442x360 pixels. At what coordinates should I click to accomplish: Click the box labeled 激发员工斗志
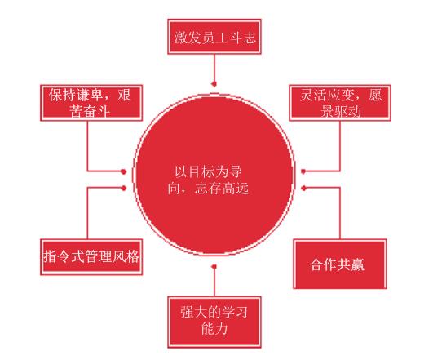[x=214, y=37]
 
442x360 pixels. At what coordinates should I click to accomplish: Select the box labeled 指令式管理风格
[x=91, y=257]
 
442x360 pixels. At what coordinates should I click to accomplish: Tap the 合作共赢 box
[x=340, y=264]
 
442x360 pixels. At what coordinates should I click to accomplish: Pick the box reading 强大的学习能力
[x=214, y=322]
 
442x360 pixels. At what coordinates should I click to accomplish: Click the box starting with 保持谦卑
[x=91, y=103]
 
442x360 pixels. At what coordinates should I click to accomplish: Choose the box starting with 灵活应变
[x=340, y=103]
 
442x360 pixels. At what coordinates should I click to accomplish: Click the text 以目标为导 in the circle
[x=208, y=171]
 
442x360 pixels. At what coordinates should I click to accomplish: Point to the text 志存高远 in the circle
[x=222, y=189]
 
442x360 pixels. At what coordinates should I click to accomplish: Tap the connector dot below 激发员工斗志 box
[x=214, y=84]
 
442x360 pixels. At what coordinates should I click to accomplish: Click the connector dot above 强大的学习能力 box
[x=214, y=267]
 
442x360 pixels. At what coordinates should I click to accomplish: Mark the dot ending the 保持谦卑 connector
[x=123, y=171]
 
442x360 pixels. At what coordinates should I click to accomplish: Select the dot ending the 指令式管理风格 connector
[x=123, y=188]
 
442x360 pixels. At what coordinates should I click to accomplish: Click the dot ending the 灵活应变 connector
[x=303, y=171]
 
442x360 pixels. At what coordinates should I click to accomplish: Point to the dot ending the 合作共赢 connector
[x=303, y=188]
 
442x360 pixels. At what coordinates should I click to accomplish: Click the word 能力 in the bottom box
[x=214, y=329]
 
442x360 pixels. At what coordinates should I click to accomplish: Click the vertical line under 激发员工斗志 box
[x=214, y=68]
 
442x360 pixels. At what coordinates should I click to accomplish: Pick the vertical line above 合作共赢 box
[x=340, y=214]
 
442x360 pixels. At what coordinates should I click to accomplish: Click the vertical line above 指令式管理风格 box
[x=87, y=214]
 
